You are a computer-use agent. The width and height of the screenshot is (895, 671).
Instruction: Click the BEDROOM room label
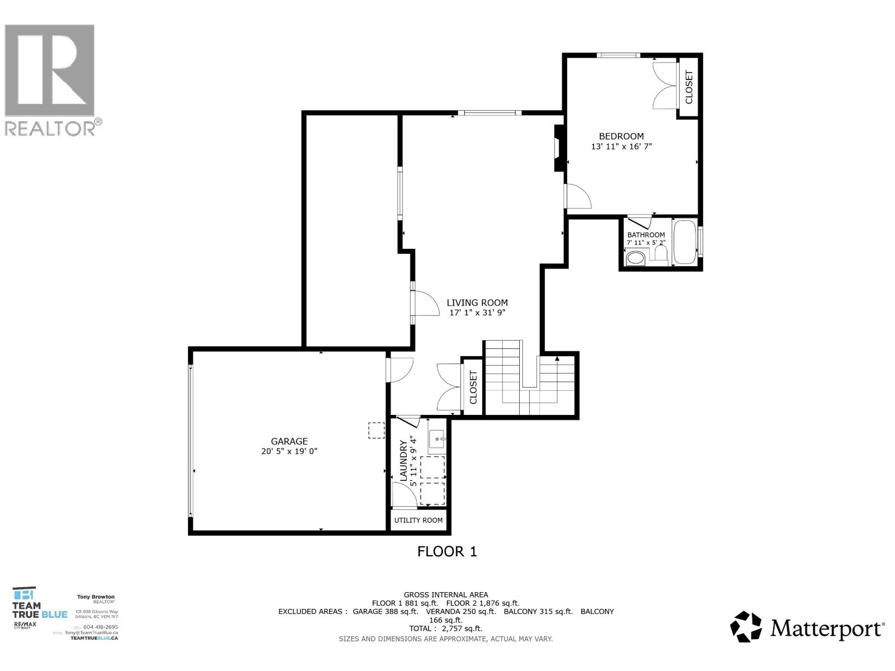[621, 136]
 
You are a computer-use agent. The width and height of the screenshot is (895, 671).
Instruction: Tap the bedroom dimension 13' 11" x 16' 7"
[621, 147]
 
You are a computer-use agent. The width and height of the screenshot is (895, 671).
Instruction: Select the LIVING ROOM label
[477, 303]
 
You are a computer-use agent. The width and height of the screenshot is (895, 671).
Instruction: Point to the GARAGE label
[289, 441]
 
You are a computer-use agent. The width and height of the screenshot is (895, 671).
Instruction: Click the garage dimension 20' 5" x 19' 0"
[289, 451]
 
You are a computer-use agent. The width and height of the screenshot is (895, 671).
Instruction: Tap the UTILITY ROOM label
[418, 520]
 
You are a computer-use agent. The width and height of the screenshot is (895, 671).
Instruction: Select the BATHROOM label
[646, 235]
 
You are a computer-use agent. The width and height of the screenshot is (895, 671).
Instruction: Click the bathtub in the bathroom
[685, 243]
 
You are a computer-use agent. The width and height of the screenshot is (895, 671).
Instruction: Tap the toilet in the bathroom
[635, 258]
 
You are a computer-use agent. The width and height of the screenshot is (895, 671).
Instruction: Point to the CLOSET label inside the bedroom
[689, 87]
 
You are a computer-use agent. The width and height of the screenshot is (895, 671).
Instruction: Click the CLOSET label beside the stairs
[473, 388]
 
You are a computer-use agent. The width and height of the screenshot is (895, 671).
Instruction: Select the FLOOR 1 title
[447, 551]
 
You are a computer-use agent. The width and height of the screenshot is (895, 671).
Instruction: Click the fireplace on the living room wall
[558, 148]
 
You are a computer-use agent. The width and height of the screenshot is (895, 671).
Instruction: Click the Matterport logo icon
[746, 627]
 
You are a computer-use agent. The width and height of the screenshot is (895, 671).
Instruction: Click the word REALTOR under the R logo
[50, 128]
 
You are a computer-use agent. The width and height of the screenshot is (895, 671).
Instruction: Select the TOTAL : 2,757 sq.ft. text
[446, 629]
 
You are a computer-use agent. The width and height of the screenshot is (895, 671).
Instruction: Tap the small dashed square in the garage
[376, 431]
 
